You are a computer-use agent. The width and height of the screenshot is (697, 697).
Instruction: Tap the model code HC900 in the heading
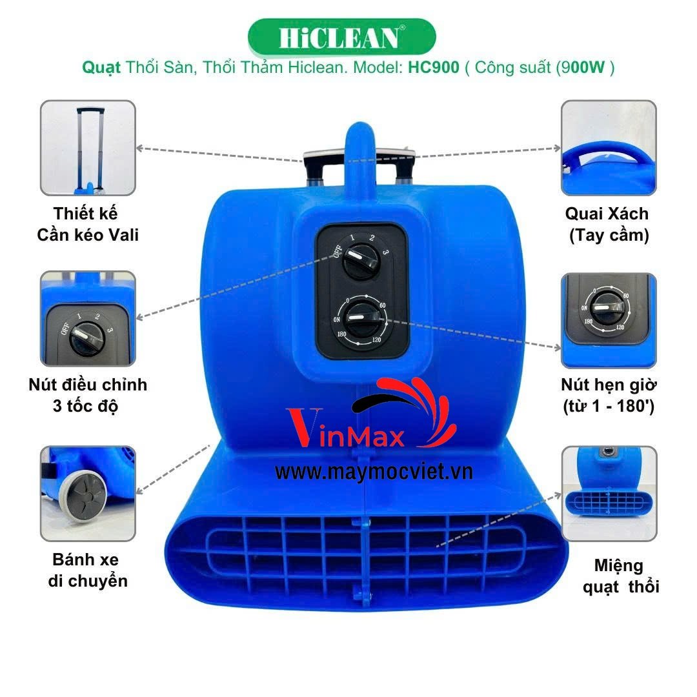(434, 67)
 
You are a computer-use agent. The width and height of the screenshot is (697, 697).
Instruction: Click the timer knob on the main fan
(361, 318)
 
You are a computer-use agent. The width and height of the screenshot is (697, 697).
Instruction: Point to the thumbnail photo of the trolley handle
(88, 148)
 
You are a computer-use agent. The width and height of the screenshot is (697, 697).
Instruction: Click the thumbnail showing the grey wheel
(88, 494)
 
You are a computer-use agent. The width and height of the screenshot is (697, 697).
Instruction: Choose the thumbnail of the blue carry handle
(609, 148)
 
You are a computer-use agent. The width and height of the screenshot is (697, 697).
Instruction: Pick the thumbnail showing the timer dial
(609, 321)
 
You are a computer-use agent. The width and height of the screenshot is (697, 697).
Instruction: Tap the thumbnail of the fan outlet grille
(609, 494)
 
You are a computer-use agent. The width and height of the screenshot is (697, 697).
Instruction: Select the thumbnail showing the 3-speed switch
(88, 319)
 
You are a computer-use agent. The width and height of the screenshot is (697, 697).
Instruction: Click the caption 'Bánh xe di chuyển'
(88, 571)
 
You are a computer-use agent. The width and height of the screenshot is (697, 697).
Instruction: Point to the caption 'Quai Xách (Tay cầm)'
(608, 225)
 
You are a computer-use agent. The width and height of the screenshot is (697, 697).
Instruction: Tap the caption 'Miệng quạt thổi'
(621, 576)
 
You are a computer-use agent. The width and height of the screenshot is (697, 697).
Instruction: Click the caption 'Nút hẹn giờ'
(609, 385)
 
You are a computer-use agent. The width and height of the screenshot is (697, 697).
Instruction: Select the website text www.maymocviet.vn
(374, 472)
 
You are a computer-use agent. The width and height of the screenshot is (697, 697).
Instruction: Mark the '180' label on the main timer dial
(341, 334)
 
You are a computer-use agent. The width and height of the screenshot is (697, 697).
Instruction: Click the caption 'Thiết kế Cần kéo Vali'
(88, 225)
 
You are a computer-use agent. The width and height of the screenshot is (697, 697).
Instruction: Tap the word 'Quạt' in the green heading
(101, 68)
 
